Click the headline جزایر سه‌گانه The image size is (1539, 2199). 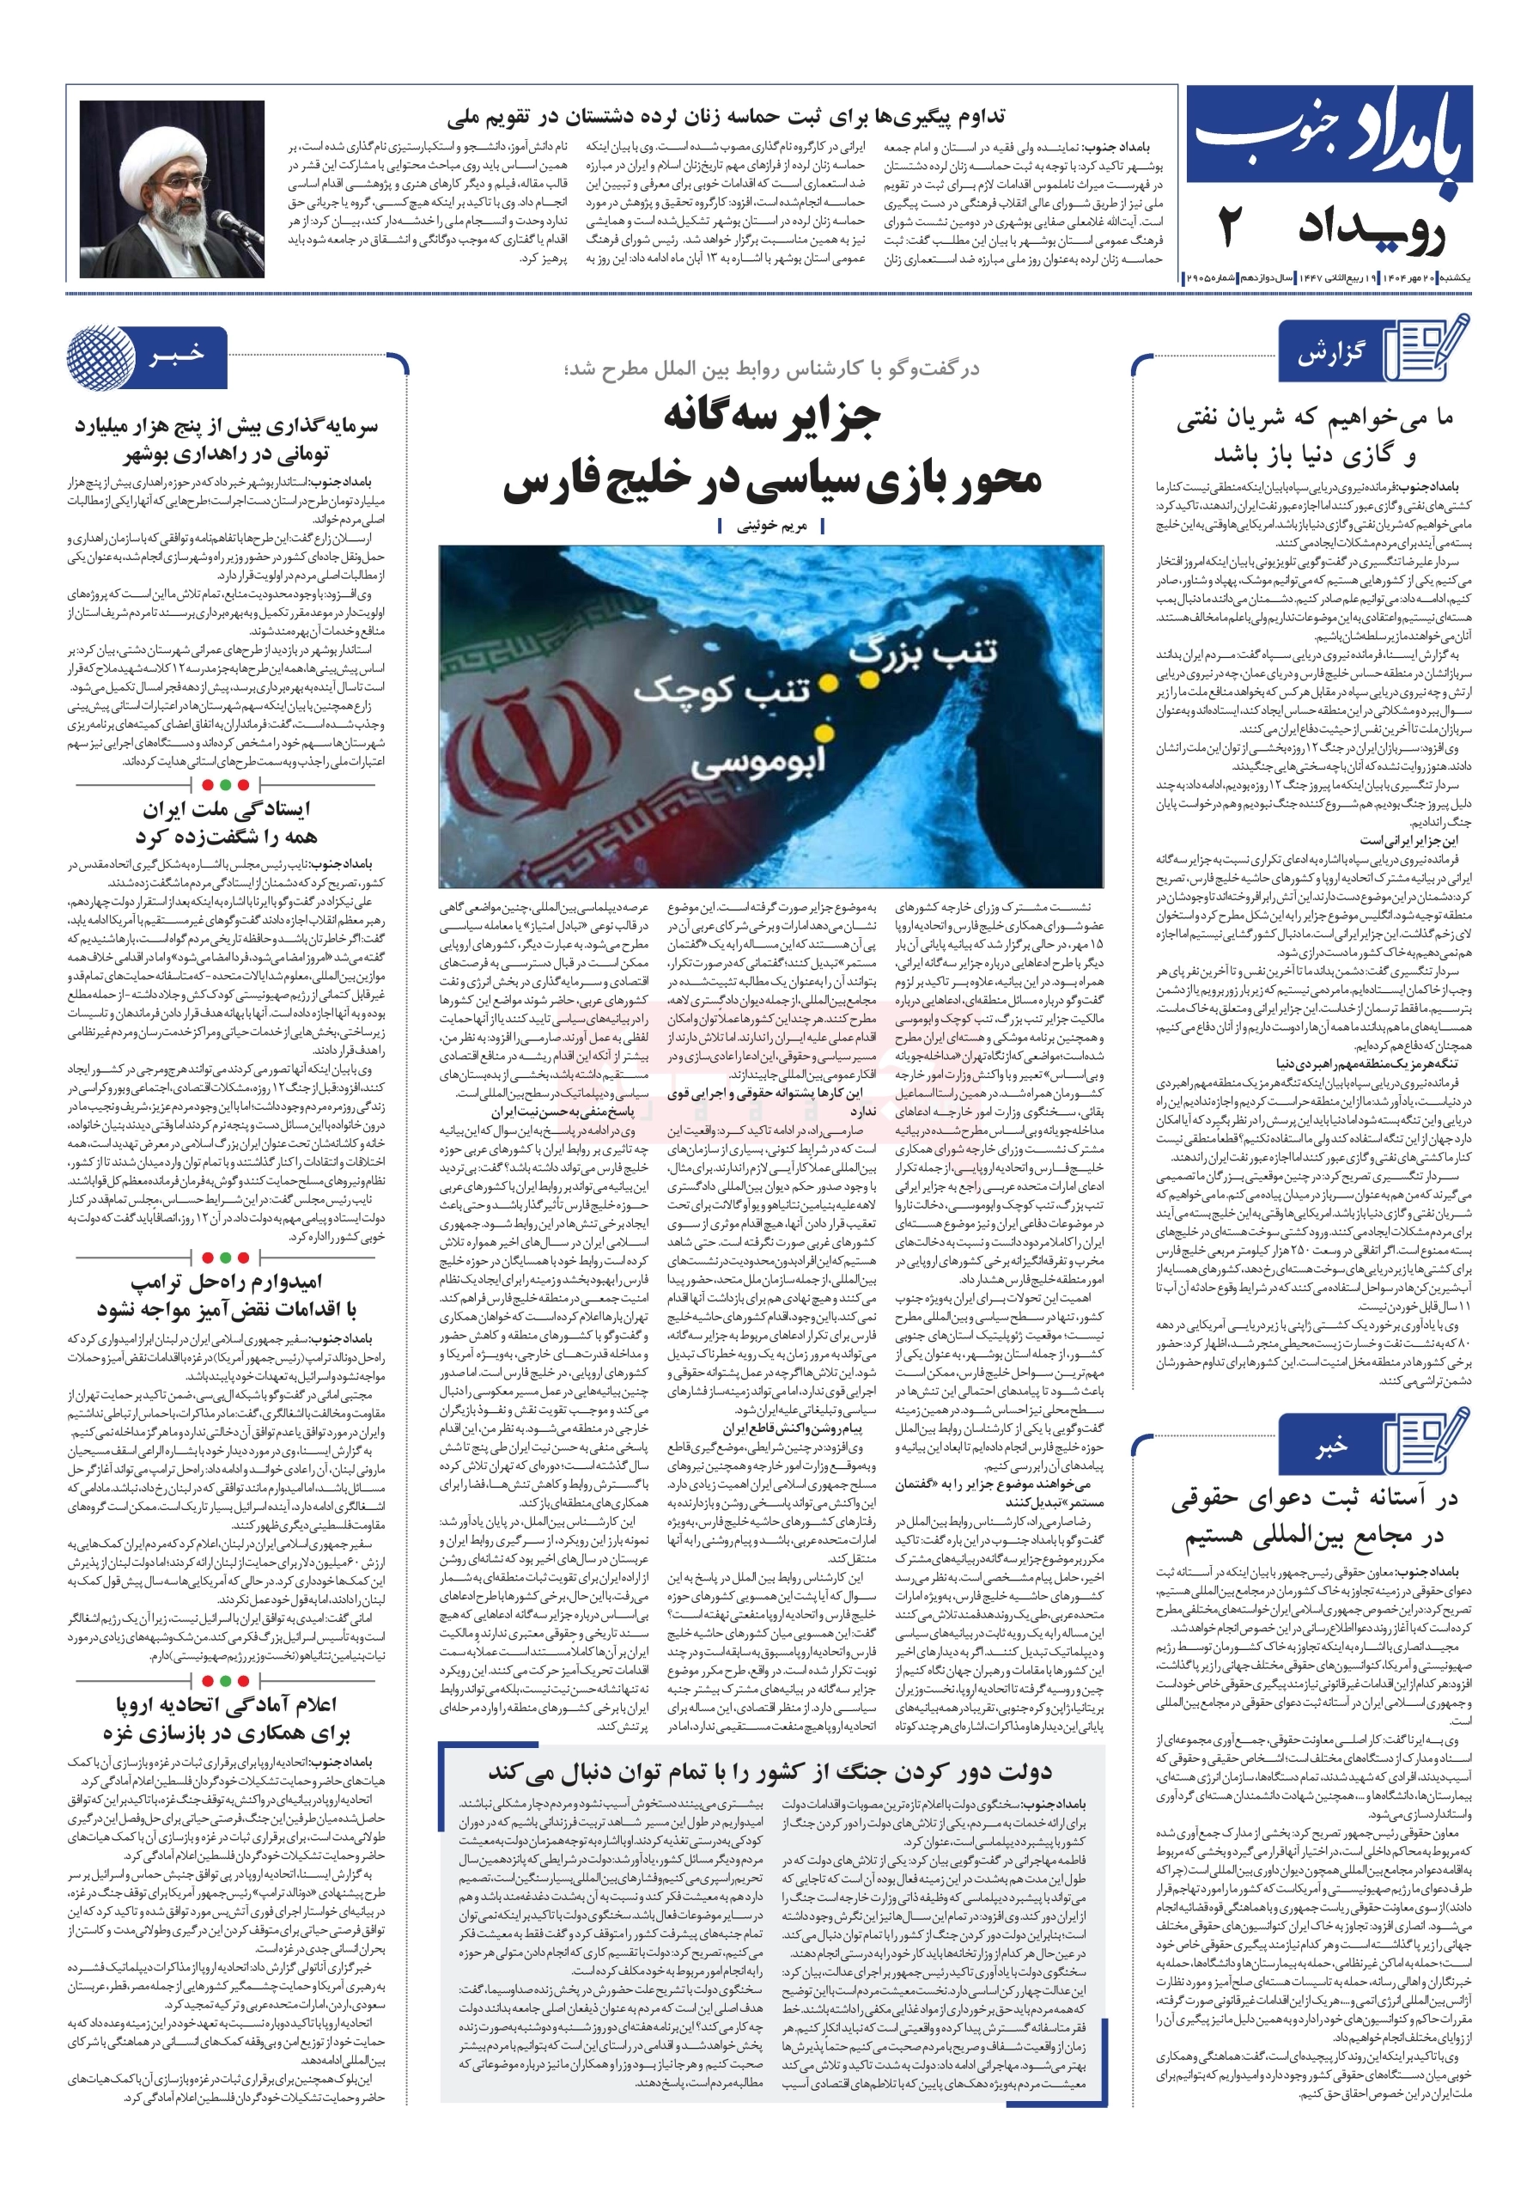[x=771, y=417]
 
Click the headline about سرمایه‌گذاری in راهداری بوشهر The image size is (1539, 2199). [x=226, y=439]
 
